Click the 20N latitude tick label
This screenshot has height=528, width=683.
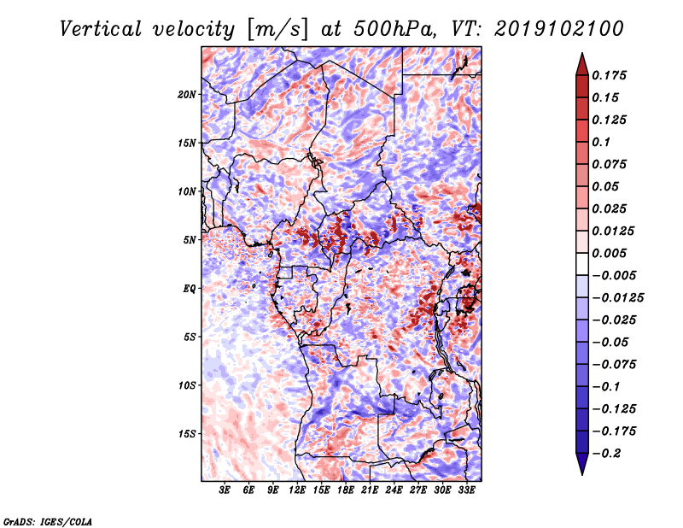[x=187, y=95]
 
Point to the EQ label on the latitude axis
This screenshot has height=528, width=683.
[x=190, y=289]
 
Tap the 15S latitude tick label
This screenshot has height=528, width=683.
[x=187, y=434]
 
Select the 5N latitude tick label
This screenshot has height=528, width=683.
[x=190, y=240]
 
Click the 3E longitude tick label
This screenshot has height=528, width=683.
[x=225, y=490]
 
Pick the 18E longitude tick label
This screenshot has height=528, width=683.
[x=346, y=490]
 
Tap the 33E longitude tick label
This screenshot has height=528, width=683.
[x=466, y=490]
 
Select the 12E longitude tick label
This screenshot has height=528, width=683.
[x=297, y=490]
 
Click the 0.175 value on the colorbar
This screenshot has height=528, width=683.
[x=609, y=75]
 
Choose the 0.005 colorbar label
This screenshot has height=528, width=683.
[x=609, y=253]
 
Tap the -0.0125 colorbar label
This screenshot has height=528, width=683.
[x=617, y=298]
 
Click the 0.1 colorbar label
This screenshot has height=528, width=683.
[x=601, y=142]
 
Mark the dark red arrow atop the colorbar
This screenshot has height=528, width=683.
[x=582, y=64]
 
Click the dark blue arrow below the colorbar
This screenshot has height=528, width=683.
[x=582, y=464]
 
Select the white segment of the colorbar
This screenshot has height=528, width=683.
[x=582, y=264]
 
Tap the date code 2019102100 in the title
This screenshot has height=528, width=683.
[x=559, y=29]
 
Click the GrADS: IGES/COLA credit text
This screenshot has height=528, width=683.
[x=48, y=522]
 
